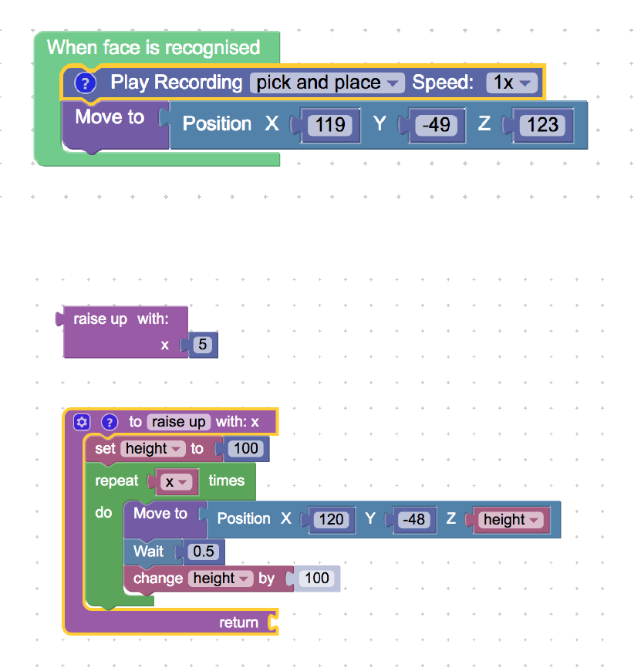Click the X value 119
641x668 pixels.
pos(330,124)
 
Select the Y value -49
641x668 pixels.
pos(437,124)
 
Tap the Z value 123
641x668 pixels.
pos(543,124)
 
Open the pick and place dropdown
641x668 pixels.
pos(327,83)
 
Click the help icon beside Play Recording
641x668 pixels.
pos(85,83)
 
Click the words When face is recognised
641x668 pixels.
pos(154,47)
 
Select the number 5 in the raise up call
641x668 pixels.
pos(202,345)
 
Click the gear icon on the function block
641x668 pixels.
pos(83,422)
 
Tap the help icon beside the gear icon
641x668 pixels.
pos(109,422)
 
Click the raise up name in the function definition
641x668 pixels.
pos(178,422)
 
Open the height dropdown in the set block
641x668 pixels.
pos(153,448)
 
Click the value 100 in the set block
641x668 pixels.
pos(246,448)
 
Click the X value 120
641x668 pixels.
pos(331,519)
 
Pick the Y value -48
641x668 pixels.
pos(414,519)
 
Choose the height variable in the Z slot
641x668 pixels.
pos(510,519)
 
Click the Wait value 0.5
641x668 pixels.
pos(204,552)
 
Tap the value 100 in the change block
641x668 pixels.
pos(316,578)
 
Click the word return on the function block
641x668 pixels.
pos(239,622)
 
